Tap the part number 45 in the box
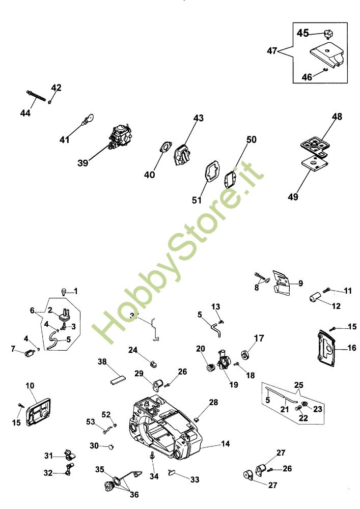tap(303, 33)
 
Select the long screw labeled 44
tap(35, 96)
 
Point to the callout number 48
tap(337, 117)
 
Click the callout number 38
tap(103, 362)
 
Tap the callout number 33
tap(196, 479)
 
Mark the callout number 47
tap(272, 51)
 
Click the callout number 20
tap(201, 349)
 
